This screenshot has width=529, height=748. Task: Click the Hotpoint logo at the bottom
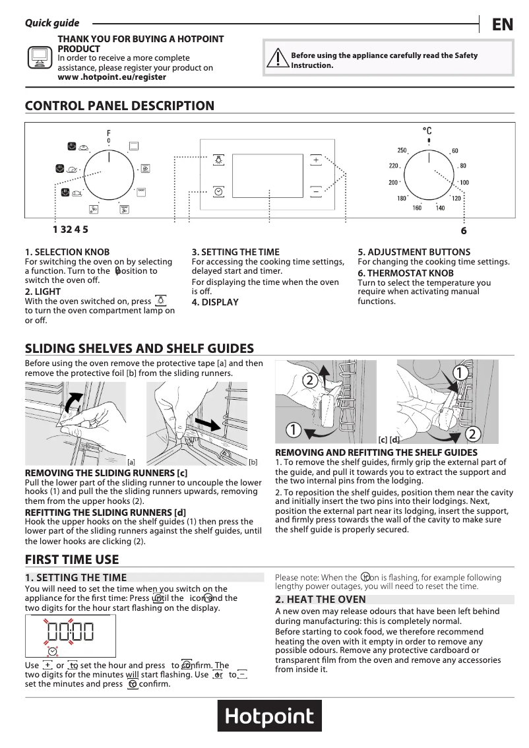click(x=270, y=716)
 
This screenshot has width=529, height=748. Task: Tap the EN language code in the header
click(x=503, y=24)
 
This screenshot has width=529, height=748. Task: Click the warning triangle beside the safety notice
click(x=275, y=60)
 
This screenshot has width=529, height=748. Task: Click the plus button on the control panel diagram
click(x=316, y=160)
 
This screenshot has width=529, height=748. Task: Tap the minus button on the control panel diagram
click(x=316, y=191)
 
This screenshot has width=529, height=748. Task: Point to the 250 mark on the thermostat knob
click(x=402, y=151)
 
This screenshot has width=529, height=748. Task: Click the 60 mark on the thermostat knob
click(x=455, y=151)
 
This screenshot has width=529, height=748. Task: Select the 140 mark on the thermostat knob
click(x=440, y=208)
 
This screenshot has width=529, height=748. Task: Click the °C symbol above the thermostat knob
click(x=427, y=131)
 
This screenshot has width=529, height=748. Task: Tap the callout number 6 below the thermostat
click(x=464, y=231)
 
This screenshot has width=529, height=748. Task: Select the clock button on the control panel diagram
click(x=218, y=191)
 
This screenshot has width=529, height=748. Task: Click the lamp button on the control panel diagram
click(x=218, y=160)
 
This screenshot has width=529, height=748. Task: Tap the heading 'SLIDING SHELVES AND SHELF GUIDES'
click(x=139, y=349)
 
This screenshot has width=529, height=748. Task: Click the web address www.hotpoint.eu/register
click(x=112, y=77)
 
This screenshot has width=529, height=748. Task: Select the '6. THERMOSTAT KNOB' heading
click(x=406, y=273)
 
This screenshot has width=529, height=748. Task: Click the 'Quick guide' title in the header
click(x=52, y=23)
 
